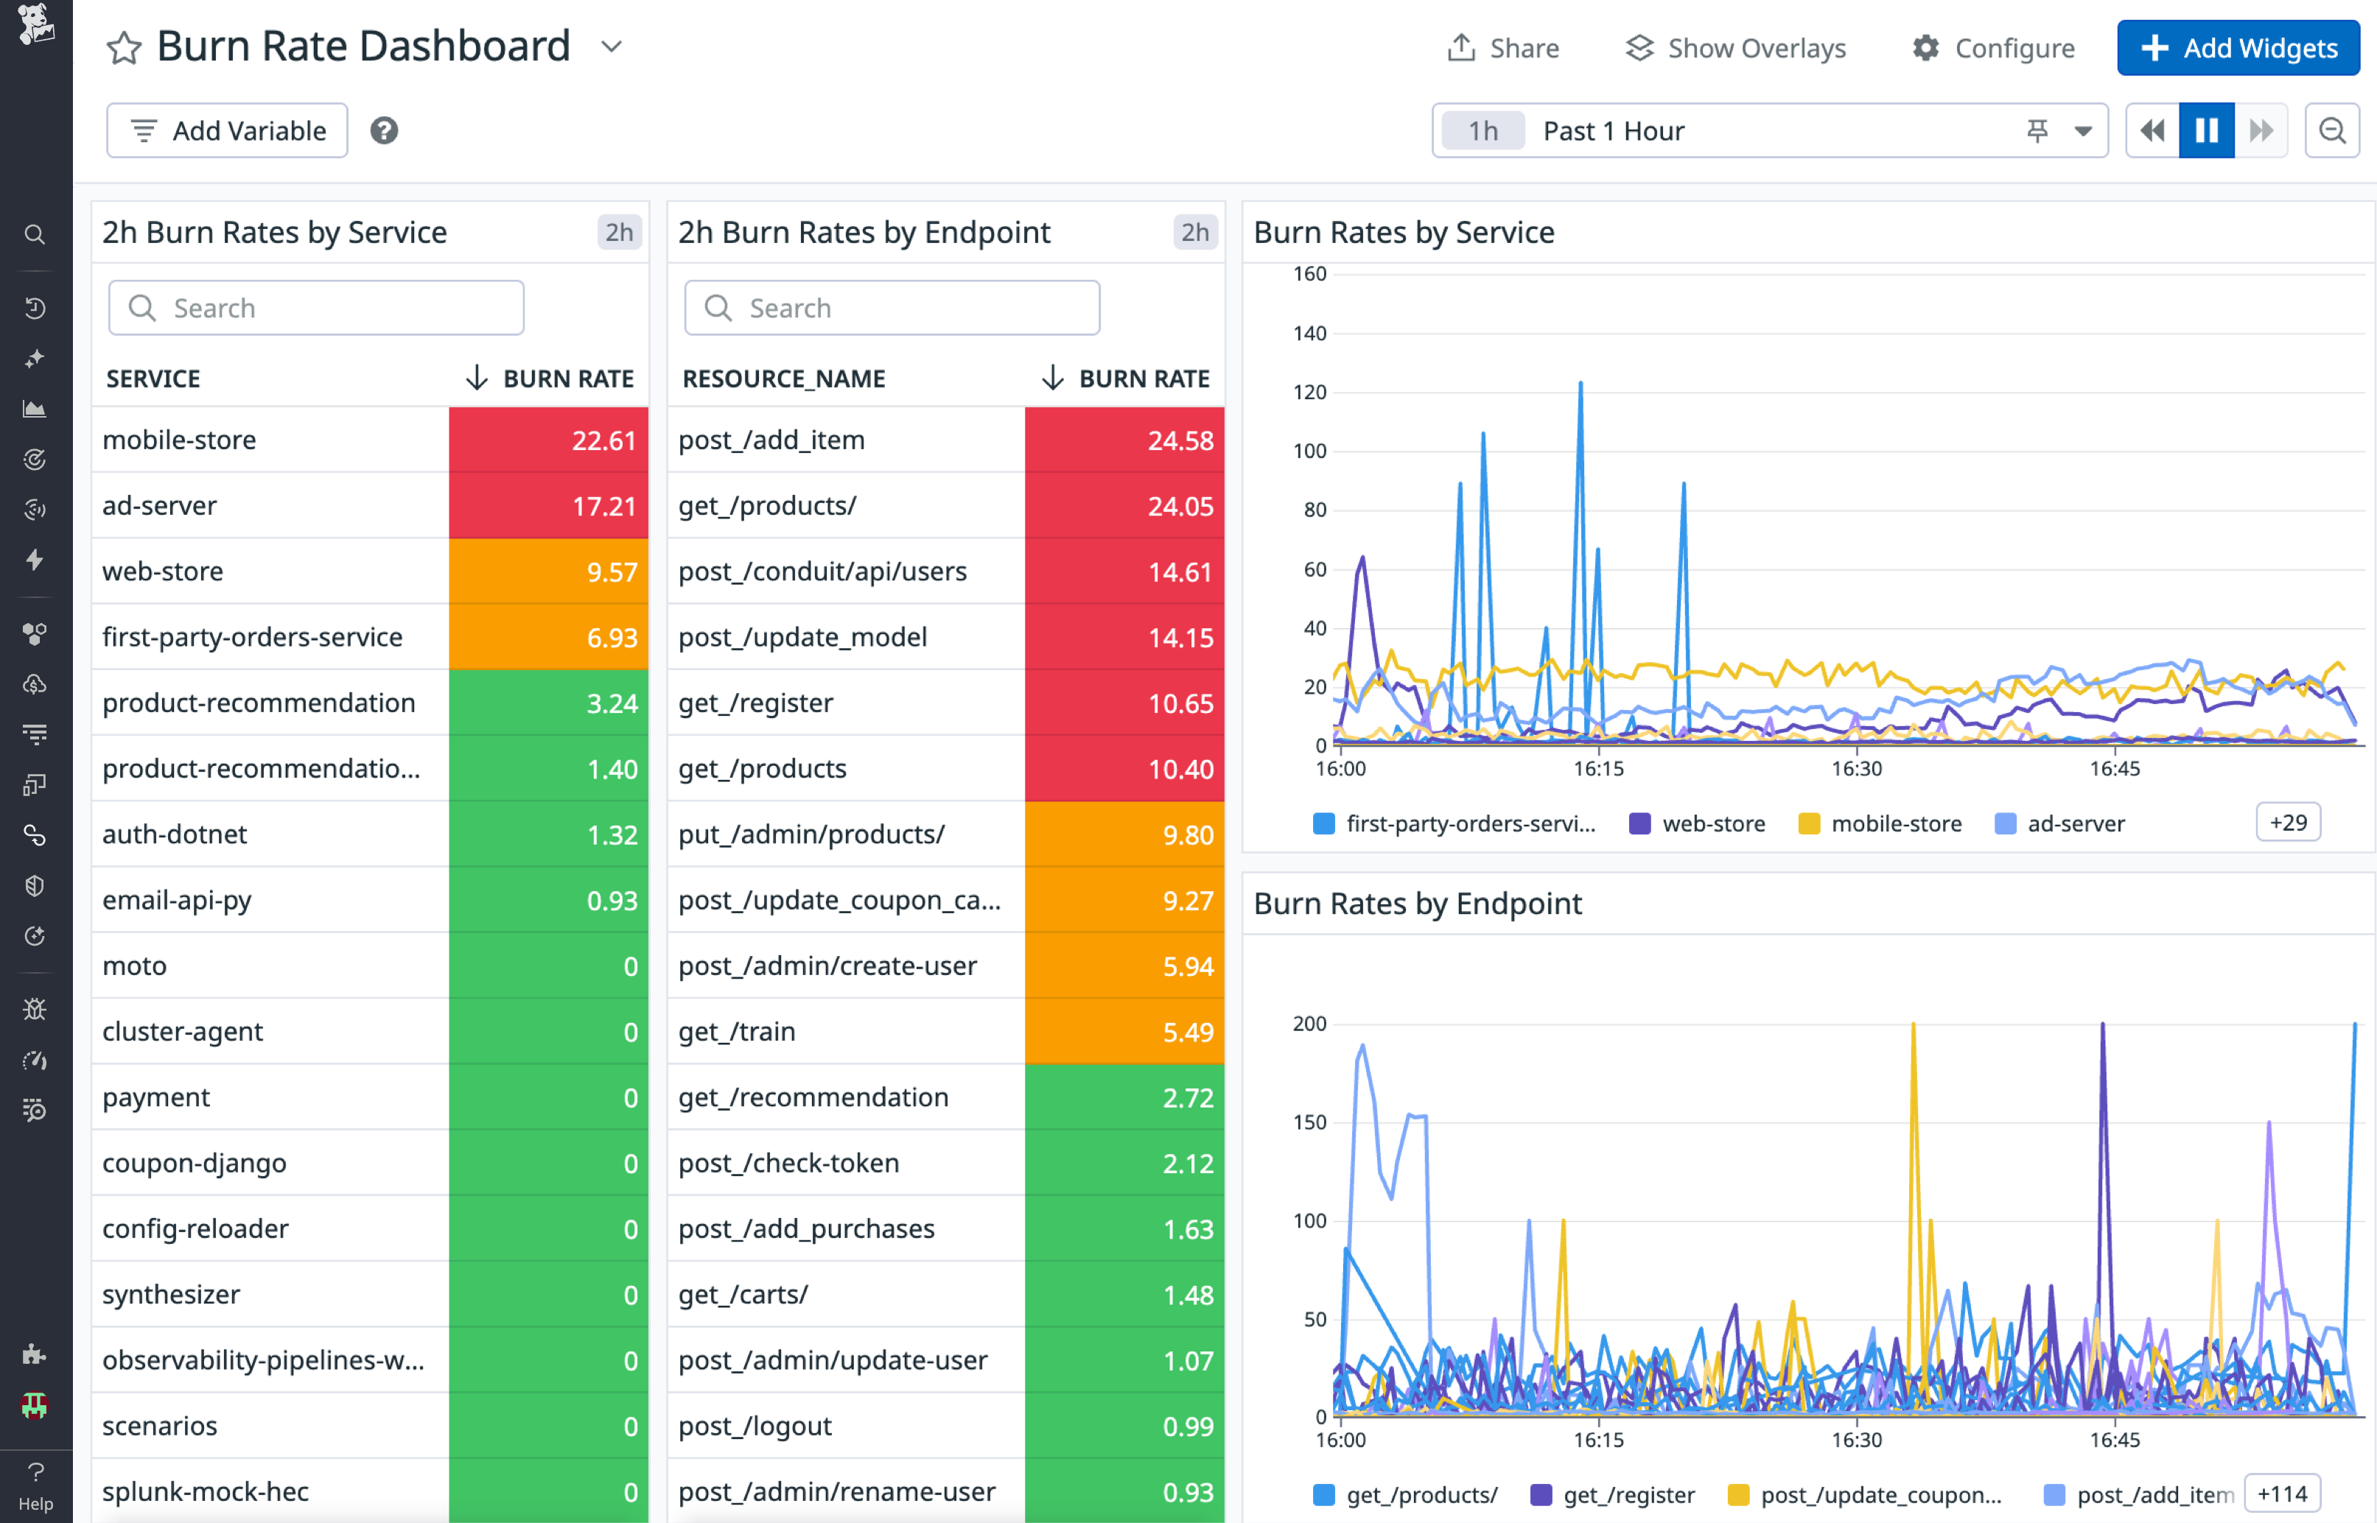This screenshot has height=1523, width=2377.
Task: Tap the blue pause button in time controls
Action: coord(2206,130)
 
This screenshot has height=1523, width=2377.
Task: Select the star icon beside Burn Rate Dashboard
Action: coord(124,47)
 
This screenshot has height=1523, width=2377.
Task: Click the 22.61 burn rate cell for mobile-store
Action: coord(549,440)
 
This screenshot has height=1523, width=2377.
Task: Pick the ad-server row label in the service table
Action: coord(159,505)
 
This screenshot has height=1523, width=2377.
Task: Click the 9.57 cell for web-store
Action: coord(549,571)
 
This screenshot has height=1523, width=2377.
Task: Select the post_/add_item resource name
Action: coord(771,440)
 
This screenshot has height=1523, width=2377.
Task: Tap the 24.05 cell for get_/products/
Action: coord(1124,505)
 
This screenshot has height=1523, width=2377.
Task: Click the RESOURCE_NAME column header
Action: coord(783,379)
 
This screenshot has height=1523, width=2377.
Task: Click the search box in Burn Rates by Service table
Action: coord(317,309)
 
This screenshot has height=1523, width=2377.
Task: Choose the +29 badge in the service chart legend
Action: coord(2287,823)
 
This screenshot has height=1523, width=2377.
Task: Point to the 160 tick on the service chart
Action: coord(1309,274)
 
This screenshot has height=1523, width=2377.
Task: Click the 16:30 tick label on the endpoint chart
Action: coord(1856,1440)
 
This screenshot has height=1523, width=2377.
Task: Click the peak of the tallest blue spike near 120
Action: coord(1580,383)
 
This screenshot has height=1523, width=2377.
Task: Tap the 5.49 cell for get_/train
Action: coord(1124,1032)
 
